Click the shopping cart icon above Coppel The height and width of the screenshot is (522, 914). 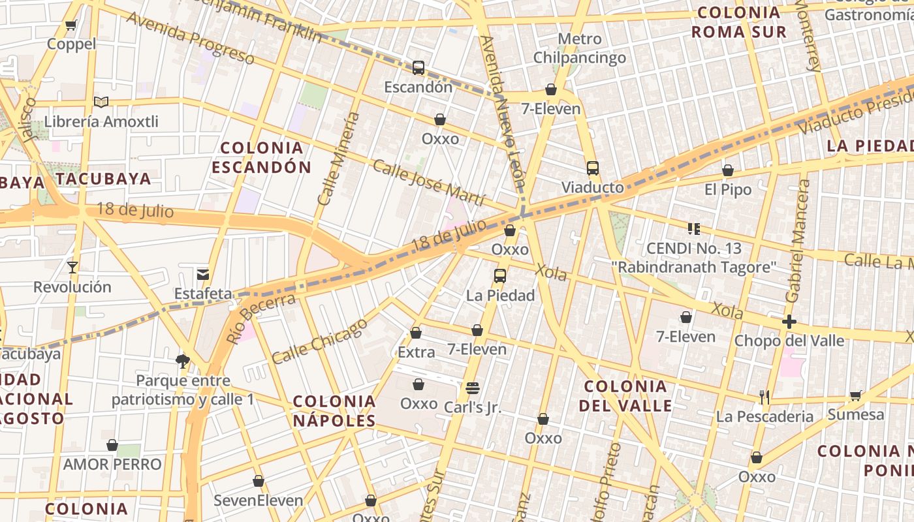tap(71, 25)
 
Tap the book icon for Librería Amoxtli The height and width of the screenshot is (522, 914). tap(101, 102)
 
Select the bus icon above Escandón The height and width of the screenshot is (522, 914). tap(418, 67)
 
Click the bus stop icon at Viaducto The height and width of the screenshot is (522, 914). tap(592, 168)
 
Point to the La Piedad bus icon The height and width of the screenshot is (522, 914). tap(500, 276)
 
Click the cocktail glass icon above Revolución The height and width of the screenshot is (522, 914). tap(72, 268)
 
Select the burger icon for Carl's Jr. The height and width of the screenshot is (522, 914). tap(473, 388)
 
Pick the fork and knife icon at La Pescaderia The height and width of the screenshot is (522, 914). tap(764, 397)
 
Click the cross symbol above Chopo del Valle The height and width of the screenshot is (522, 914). tap(789, 322)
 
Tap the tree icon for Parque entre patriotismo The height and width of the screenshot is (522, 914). tap(183, 361)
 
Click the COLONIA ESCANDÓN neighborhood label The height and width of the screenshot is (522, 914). tap(261, 157)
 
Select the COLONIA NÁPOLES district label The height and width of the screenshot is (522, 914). tap(334, 410)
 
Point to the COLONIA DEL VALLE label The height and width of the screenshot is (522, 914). tap(625, 395)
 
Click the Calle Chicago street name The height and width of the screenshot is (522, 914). tap(319, 341)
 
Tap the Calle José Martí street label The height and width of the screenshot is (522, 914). tap(429, 182)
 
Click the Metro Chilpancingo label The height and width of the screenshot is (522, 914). tap(580, 48)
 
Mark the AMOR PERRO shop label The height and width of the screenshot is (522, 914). tap(112, 465)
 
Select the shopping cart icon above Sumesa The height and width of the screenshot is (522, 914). tap(856, 395)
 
